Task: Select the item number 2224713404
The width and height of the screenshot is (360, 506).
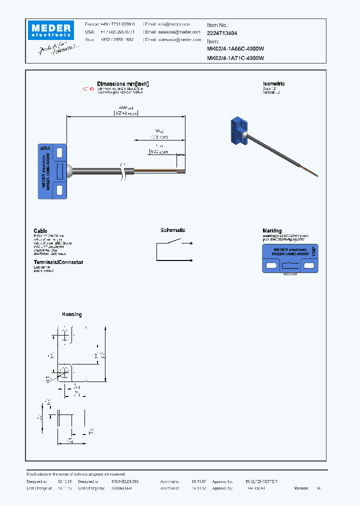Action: point(222,33)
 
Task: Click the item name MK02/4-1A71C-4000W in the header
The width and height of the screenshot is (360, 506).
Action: point(235,58)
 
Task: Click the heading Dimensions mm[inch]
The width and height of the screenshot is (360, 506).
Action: point(122,84)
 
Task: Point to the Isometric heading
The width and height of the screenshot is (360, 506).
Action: point(273,84)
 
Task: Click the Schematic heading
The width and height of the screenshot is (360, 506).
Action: point(172,230)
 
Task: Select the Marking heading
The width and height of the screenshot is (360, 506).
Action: point(272,230)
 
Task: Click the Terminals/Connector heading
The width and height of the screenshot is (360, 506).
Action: point(58,262)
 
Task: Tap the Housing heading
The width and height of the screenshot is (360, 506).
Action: point(71,314)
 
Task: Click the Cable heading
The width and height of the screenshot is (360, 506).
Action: point(40,230)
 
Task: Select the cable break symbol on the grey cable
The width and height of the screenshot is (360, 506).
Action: point(123,170)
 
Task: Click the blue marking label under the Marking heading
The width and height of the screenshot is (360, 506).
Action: point(290,259)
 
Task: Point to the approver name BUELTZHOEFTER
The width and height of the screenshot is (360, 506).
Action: point(261,481)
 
